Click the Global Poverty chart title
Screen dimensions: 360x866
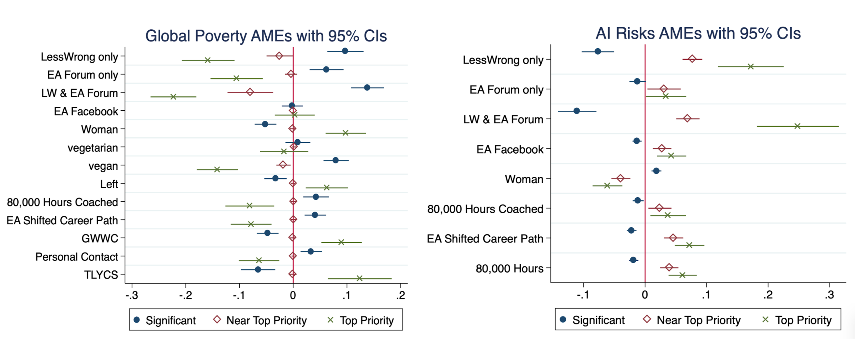(x=266, y=36)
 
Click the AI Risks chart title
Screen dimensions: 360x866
(x=698, y=34)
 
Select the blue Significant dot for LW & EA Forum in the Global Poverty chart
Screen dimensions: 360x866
(x=367, y=87)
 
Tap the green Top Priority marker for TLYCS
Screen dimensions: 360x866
(x=359, y=278)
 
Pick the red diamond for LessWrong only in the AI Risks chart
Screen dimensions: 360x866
(x=692, y=59)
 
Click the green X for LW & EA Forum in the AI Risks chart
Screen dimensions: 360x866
(x=797, y=126)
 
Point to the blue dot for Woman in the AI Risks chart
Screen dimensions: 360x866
(x=656, y=171)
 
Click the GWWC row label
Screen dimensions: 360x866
(x=100, y=238)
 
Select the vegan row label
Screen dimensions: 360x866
(x=103, y=166)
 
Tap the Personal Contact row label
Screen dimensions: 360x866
(x=76, y=257)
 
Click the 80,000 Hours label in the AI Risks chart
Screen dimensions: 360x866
(x=509, y=268)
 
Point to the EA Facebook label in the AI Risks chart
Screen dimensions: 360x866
(x=510, y=149)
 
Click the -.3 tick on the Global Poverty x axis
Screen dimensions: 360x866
(x=132, y=295)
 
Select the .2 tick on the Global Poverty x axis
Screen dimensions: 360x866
(x=401, y=295)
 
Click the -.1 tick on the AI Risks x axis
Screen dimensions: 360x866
(x=583, y=295)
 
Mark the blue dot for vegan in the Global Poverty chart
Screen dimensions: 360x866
(x=336, y=160)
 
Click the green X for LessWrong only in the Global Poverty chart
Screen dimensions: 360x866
(x=207, y=60)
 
